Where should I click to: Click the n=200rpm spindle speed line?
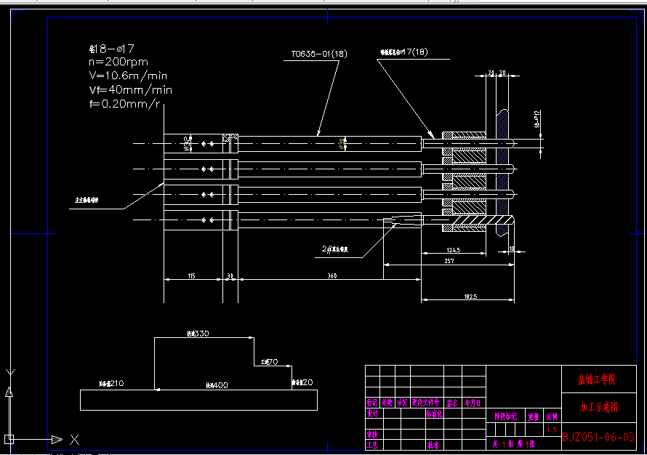pos(117,63)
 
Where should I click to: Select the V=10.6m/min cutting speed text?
pos(128,76)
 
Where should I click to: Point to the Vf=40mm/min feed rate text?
pos(130,90)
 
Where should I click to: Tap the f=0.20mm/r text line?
pos(124,104)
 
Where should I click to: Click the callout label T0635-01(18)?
pos(318,54)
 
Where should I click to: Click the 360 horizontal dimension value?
pos(332,276)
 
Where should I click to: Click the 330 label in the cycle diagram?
pos(198,334)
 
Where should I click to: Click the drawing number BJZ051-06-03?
pos(598,437)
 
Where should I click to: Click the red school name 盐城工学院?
pos(596,379)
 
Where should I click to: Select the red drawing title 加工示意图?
pos(598,408)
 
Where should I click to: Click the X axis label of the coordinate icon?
pos(74,439)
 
